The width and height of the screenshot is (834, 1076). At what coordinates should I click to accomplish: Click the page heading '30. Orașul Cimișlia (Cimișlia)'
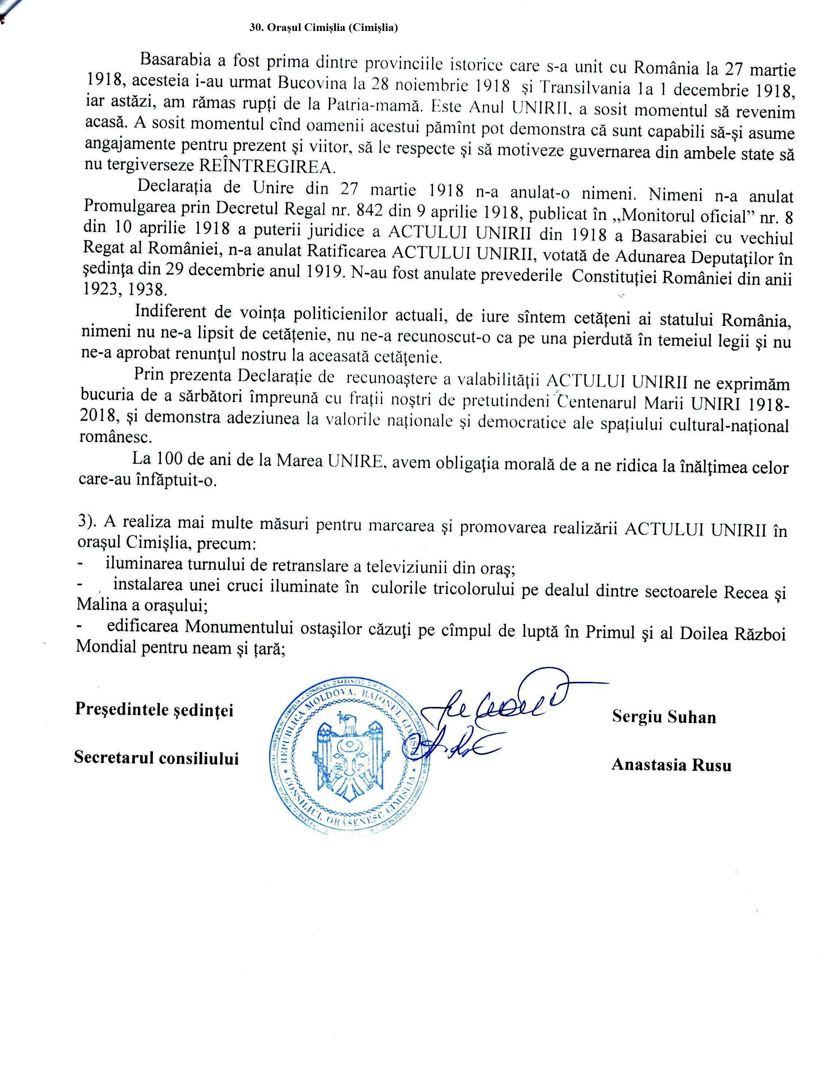[x=324, y=28]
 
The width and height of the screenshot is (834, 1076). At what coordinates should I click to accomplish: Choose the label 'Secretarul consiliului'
[x=156, y=758]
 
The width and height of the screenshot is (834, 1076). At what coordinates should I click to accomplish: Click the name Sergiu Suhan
[x=664, y=717]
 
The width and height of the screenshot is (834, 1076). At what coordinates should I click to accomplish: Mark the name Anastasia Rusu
[x=671, y=765]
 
